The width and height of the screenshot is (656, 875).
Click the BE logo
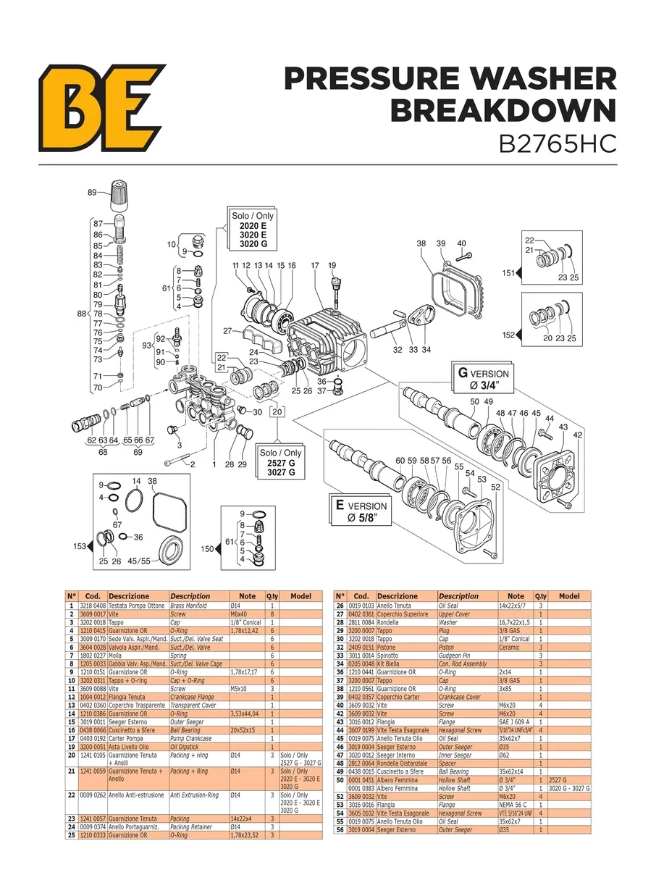(101, 106)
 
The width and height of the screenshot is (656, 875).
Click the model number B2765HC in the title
(558, 142)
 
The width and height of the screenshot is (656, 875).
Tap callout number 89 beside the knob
(92, 193)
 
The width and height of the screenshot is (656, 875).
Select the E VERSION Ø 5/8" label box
(361, 511)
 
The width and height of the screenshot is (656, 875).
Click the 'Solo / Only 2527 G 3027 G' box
(280, 462)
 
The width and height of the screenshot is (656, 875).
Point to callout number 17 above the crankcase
(315, 266)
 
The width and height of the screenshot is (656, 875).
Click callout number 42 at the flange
(577, 435)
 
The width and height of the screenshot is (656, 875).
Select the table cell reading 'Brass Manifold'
(188, 606)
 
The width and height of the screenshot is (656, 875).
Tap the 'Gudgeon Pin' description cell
(455, 656)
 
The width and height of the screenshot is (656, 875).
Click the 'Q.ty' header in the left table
(272, 596)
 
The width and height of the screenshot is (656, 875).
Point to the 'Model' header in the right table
(569, 596)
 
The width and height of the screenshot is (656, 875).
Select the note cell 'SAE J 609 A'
(514, 721)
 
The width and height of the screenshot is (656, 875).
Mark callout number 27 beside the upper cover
(227, 331)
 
